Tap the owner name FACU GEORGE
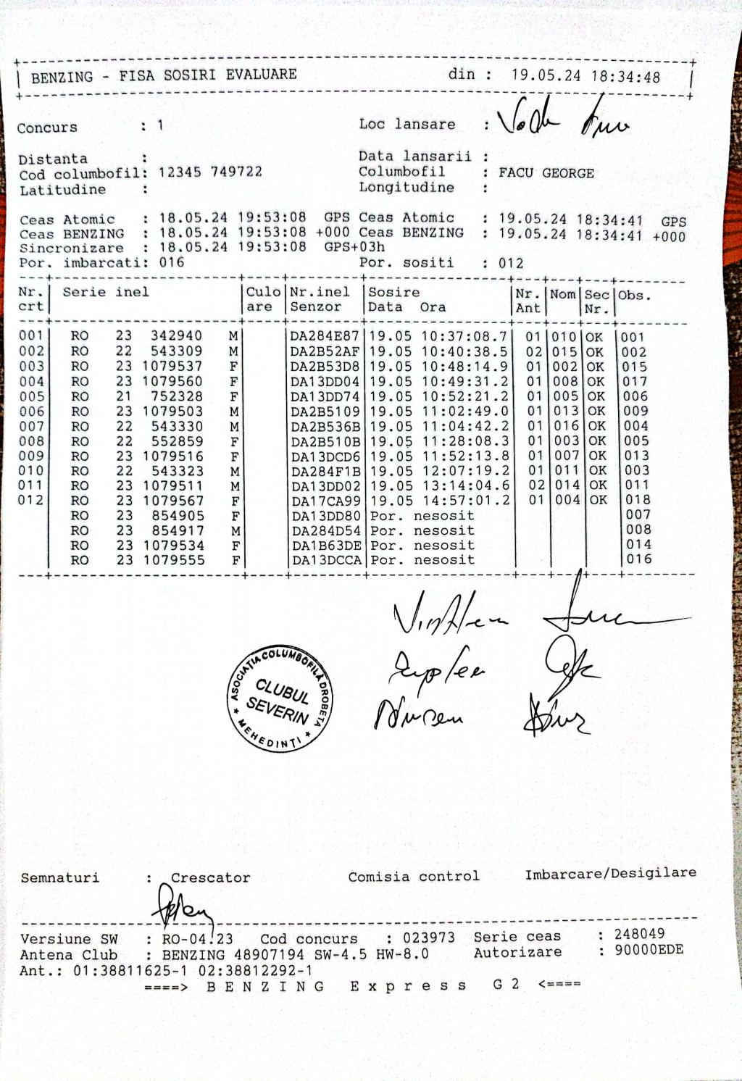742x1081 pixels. coord(546,173)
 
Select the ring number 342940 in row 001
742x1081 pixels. coord(176,335)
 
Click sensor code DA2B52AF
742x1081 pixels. coord(325,351)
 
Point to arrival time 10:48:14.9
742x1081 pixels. coord(464,367)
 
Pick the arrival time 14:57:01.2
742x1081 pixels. coord(464,500)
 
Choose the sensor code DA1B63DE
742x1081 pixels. coord(326,546)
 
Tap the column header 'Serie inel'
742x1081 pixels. coord(106,292)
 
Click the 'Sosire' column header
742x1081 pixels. coord(394,292)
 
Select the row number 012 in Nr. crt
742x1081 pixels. coord(31,500)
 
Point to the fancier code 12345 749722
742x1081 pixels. coord(210,172)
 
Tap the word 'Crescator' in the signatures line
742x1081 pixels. coord(210,877)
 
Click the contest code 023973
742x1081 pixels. coord(429,938)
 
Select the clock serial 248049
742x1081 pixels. coord(639,934)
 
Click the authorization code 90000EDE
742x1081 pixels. coord(649,950)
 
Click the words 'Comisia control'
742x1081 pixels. coord(413,877)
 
